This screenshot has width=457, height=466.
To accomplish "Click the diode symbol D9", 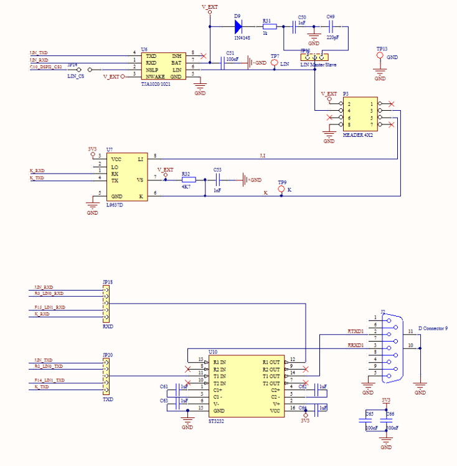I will (238, 26).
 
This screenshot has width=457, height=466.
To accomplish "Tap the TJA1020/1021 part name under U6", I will (156, 83).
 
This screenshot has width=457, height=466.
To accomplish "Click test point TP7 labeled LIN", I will (274, 63).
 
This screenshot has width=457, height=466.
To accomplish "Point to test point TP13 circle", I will (380, 56).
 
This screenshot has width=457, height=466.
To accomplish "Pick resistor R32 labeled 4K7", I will (188, 180).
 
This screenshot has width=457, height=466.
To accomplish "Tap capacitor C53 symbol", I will (217, 180).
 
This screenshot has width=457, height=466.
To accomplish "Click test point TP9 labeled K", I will (281, 189).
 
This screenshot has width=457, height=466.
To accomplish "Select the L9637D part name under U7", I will (115, 205).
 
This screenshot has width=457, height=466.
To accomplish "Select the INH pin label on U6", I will (177, 55).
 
